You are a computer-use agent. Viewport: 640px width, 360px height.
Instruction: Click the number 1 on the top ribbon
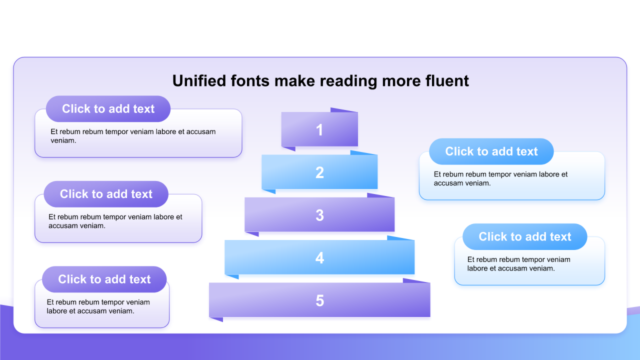pyautogui.click(x=319, y=130)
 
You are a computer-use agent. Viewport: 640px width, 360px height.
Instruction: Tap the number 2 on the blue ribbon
pyautogui.click(x=319, y=172)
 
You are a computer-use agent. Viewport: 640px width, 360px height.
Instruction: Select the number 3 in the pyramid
pyautogui.click(x=319, y=215)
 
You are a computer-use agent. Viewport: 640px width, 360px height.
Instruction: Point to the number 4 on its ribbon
pyautogui.click(x=319, y=257)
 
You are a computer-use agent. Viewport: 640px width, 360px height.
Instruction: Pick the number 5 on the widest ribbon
pyautogui.click(x=319, y=300)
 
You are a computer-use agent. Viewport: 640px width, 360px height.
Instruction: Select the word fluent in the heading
pyautogui.click(x=447, y=80)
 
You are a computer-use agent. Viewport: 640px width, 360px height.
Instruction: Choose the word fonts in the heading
pyautogui.click(x=250, y=81)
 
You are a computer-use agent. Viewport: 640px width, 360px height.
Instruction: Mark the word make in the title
pyautogui.click(x=294, y=80)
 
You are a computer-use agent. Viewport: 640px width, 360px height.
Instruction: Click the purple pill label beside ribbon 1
pyautogui.click(x=108, y=109)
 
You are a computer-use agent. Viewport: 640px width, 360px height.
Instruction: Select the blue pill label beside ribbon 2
pyautogui.click(x=491, y=151)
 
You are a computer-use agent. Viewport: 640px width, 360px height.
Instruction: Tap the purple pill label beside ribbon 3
pyautogui.click(x=106, y=194)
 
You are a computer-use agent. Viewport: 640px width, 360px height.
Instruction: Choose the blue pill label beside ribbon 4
pyautogui.click(x=525, y=236)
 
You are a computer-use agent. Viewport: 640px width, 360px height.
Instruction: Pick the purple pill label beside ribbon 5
pyautogui.click(x=104, y=279)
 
